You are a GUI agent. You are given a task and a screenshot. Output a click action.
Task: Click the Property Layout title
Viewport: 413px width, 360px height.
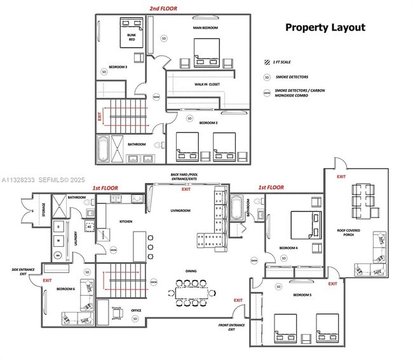click(x=325, y=27)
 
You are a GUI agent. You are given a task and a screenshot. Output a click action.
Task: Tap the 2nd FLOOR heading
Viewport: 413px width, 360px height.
click(x=163, y=8)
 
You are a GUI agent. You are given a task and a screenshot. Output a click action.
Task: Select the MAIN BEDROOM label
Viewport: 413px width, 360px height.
click(x=205, y=28)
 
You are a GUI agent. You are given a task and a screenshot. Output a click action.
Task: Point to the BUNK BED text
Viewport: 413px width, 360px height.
click(x=132, y=37)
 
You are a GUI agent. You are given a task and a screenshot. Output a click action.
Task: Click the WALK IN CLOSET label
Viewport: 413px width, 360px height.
click(x=207, y=84)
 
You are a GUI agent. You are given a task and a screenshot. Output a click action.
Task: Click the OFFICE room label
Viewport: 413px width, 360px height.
click(x=136, y=310)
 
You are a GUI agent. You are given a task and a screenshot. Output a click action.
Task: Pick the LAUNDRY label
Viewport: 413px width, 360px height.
click(x=75, y=237)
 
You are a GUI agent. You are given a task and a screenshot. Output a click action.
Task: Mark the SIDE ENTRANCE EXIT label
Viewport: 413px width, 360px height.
click(x=23, y=272)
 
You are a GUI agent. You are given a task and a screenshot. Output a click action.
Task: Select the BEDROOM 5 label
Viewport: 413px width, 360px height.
click(x=301, y=295)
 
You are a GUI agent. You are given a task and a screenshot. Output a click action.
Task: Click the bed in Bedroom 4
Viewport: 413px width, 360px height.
click(x=304, y=224)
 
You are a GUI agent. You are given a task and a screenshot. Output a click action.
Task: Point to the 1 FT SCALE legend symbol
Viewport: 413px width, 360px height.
click(x=267, y=62)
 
